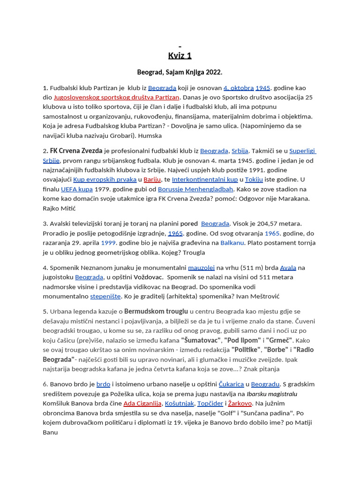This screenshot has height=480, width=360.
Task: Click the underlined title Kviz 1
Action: pos(180,56)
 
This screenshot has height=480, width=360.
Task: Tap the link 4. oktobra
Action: pos(239,88)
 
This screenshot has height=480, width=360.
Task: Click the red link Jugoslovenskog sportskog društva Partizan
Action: pos(117,97)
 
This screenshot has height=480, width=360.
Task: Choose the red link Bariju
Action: pos(152,180)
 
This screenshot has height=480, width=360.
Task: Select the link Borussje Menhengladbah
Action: pos(195,189)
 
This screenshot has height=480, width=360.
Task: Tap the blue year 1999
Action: pos(108,243)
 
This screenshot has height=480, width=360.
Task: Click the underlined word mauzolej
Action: pos(201,268)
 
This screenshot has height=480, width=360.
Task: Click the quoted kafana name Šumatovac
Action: pos(201,340)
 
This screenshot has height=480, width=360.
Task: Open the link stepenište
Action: pos(105,296)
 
